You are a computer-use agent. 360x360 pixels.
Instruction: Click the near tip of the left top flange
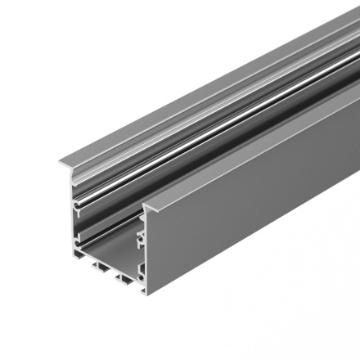tap(58, 170)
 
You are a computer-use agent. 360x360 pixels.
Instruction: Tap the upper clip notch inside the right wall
tap(141, 237)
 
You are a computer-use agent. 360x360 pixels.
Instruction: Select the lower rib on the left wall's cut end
tap(78, 242)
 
